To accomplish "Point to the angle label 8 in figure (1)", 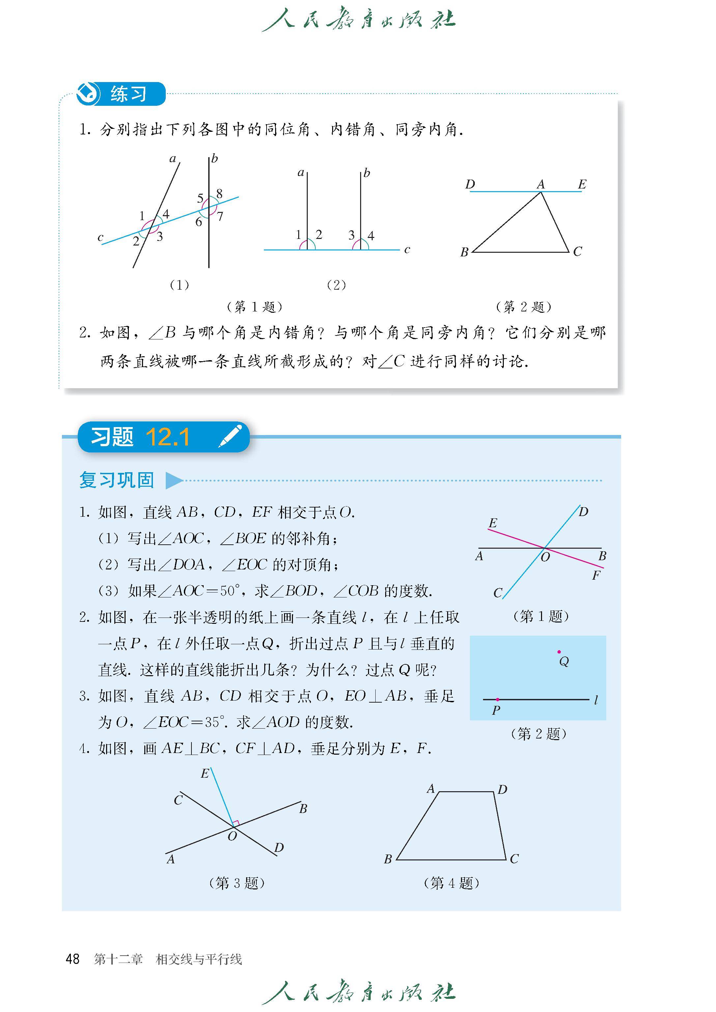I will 219,193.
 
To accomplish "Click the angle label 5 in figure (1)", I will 200,198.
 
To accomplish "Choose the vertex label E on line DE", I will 582,184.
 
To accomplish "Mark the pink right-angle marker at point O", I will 236,823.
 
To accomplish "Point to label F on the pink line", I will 596,575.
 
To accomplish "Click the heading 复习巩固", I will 117,480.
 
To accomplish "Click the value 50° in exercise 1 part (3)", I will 230,591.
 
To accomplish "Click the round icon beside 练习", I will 87,94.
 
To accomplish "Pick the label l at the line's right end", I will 596,700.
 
